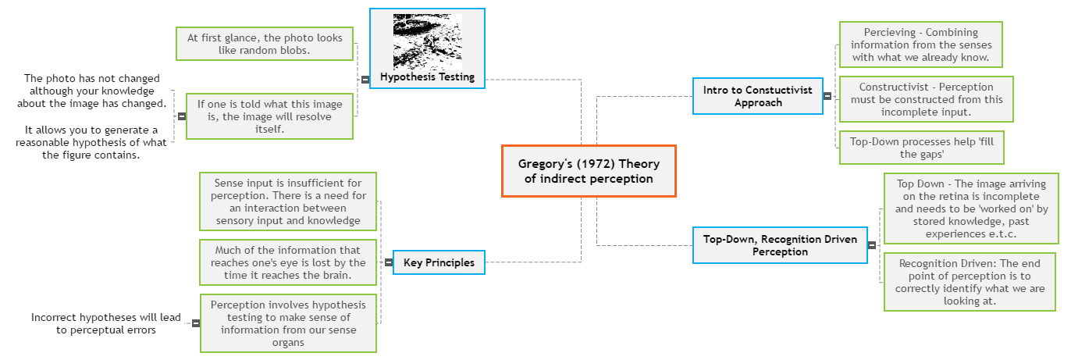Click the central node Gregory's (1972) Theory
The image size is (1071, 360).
coord(589,171)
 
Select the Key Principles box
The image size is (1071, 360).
coord(439,263)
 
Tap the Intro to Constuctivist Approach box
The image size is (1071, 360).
coord(757,96)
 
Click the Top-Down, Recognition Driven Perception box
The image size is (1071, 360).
coord(780,244)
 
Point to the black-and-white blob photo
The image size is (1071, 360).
coord(427,41)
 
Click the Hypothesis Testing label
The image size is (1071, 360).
coord(427,77)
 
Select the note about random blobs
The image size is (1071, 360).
coord(265,44)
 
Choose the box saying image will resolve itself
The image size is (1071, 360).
coord(269,116)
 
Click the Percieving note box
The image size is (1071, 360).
coord(920,45)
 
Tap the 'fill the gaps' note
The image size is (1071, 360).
coord(921,148)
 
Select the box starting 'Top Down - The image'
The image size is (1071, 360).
coord(971,209)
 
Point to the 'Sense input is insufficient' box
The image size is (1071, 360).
coord(288,201)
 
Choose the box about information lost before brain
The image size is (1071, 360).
coord(288,262)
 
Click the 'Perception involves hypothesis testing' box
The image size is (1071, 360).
coord(288,323)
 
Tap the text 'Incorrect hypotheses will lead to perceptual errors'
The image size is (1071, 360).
coord(105,323)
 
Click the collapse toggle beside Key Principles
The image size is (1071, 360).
coord(388,263)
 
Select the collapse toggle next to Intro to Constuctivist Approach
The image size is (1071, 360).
coord(827,96)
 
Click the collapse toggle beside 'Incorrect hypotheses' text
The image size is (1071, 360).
coord(195,323)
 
